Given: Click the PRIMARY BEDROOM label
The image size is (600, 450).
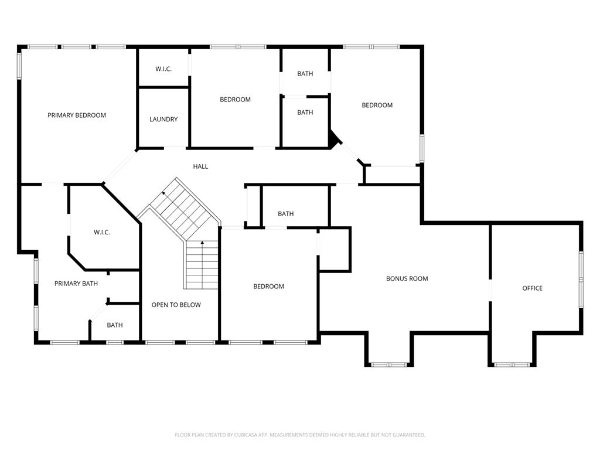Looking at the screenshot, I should coord(77,115).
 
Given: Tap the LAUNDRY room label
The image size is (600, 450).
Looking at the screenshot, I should coord(163,120).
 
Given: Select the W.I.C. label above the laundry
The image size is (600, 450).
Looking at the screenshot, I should coord(163,69).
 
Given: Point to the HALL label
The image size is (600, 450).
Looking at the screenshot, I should coord(200,166).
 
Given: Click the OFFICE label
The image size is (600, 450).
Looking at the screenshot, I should coord(532,288).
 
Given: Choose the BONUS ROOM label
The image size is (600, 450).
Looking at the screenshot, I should coord(407,279).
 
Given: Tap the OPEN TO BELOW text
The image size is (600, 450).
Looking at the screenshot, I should coord(176,305).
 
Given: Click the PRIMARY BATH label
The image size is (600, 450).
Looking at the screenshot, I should coord(76,284).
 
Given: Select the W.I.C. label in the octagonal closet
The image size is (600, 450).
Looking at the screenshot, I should coord(102,233).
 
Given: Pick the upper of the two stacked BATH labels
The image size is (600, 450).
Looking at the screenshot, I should coord(305,74).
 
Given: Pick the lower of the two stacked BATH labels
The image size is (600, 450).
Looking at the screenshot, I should coord(305,112).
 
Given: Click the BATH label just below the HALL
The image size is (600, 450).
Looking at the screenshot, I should coord(285,214).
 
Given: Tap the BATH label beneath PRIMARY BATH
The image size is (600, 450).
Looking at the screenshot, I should coord(115,325).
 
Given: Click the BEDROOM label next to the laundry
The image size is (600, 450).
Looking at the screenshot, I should coord(235,100).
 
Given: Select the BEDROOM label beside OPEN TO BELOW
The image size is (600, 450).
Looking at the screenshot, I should coord(268,287).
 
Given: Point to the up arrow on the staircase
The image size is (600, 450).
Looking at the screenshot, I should coord(203,243).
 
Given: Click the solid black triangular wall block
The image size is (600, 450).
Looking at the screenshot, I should coord(333,139).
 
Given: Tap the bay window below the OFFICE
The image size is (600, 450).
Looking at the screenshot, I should coord(512,364).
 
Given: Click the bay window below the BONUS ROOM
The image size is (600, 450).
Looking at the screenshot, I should coord(389,364).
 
